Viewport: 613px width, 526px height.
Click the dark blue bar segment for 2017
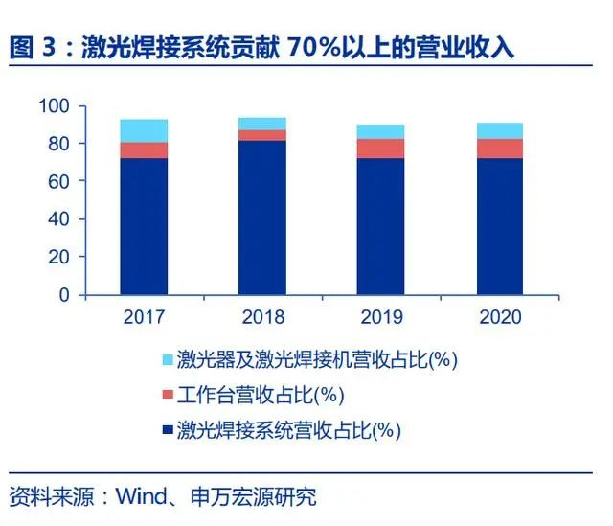[144, 226]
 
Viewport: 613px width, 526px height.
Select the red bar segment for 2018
[262, 135]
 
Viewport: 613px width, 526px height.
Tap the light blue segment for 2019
[380, 131]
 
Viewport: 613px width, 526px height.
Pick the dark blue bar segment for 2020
[499, 226]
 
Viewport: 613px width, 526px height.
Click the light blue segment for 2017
[144, 131]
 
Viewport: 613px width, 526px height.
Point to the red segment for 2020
[499, 149]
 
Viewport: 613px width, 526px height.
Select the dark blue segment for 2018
[262, 217]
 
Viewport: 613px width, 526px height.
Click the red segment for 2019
[380, 149]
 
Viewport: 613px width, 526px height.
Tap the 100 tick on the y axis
[57, 106]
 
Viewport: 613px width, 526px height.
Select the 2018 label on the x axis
[262, 317]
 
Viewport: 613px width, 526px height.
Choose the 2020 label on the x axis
[499, 317]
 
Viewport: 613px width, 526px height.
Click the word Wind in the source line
[140, 497]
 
